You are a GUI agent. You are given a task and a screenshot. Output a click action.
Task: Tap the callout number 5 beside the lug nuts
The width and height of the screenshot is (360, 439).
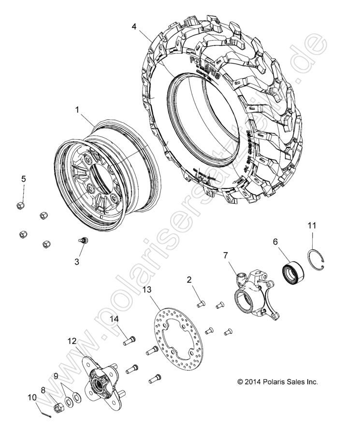pos(23,179)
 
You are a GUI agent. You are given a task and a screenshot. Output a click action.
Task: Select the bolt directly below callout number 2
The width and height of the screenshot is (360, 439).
pos(202,304)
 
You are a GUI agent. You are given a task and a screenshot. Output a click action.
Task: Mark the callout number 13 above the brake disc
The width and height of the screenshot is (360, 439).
pos(147,290)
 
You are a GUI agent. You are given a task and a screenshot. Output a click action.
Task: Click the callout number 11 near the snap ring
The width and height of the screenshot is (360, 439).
pos(312,225)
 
